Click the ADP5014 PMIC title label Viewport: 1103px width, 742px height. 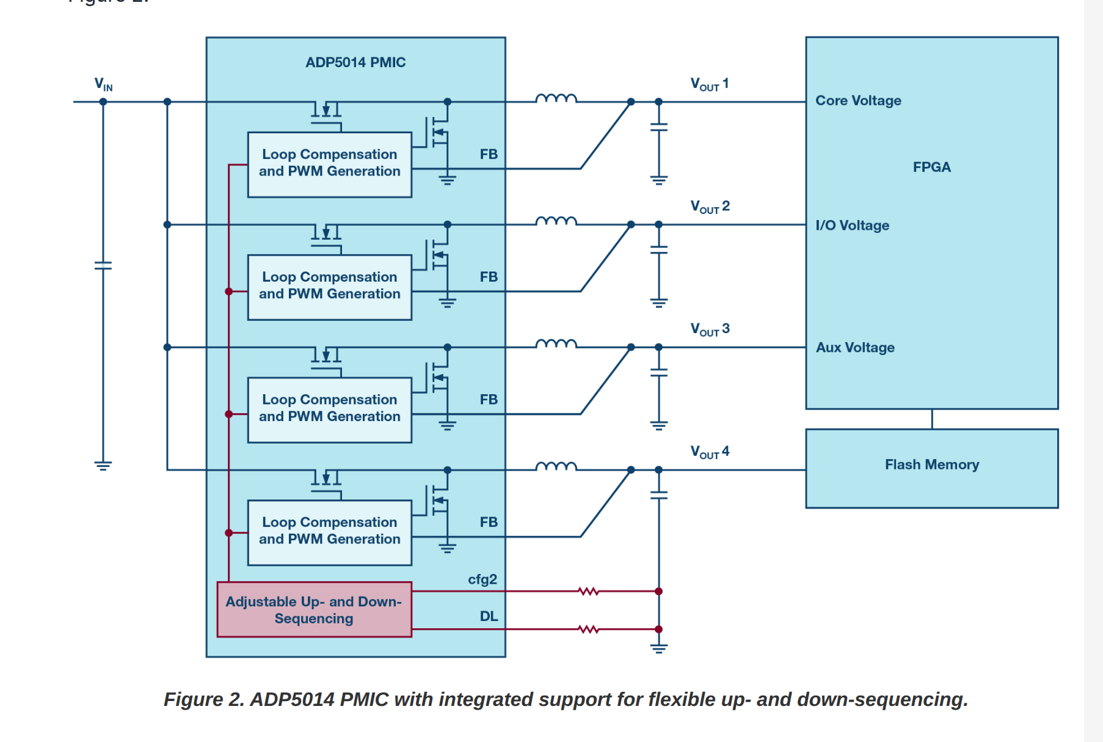pyautogui.click(x=355, y=62)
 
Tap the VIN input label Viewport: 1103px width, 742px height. pyautogui.click(x=103, y=84)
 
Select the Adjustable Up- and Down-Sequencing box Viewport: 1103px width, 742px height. pyautogui.click(x=314, y=609)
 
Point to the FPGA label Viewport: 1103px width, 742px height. pyautogui.click(x=931, y=167)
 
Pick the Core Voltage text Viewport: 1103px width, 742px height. pyautogui.click(x=858, y=101)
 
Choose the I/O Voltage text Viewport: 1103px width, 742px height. pyautogui.click(x=852, y=226)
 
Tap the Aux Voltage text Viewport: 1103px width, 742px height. pyautogui.click(x=855, y=348)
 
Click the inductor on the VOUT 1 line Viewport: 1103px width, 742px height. pyautogui.click(x=556, y=98)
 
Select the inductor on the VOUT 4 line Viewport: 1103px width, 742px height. pyautogui.click(x=556, y=467)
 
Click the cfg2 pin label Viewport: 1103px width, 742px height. pyautogui.click(x=482, y=579)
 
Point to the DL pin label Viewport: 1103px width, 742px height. pyautogui.click(x=489, y=616)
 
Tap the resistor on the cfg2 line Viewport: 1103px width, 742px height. pyautogui.click(x=588, y=591)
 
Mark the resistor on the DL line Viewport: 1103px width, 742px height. pyautogui.click(x=588, y=629)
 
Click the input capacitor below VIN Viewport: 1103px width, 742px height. pyautogui.click(x=103, y=265)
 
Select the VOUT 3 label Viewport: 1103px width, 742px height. pyautogui.click(x=710, y=329)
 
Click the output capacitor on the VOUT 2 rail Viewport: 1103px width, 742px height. pyautogui.click(x=658, y=250)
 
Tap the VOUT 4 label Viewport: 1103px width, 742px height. pyautogui.click(x=710, y=452)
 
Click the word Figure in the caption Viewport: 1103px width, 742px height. pyautogui.click(x=194, y=699)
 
